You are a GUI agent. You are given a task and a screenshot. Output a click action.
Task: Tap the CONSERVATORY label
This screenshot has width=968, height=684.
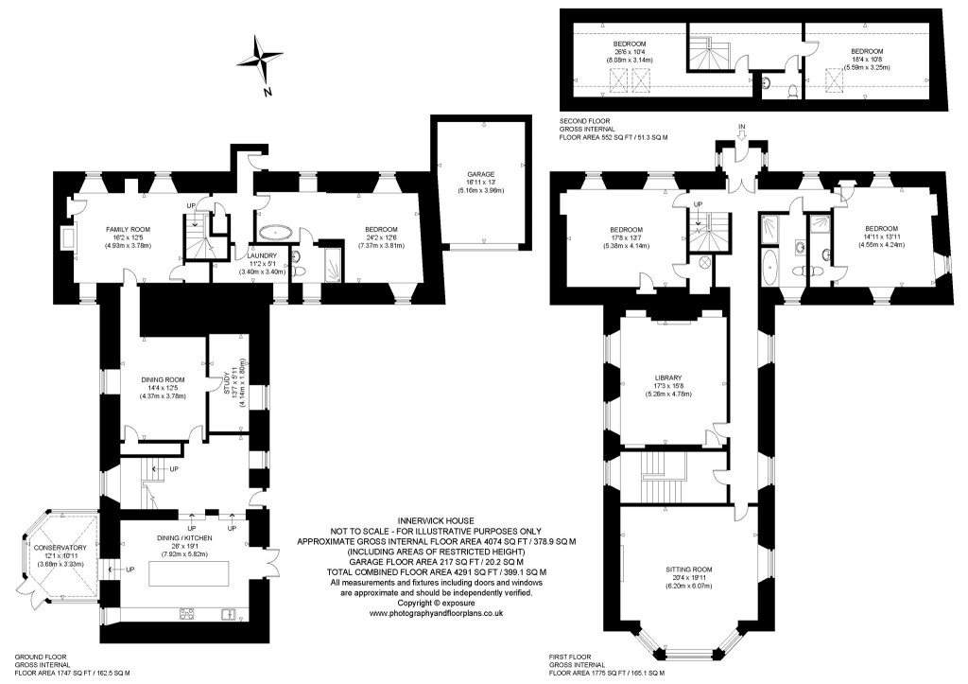60,548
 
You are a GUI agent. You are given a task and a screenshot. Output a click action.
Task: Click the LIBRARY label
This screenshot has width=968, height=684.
667,378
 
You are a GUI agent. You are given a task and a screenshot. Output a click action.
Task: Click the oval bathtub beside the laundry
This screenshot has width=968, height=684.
277,231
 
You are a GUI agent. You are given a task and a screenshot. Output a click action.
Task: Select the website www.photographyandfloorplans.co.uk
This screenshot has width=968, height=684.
435,613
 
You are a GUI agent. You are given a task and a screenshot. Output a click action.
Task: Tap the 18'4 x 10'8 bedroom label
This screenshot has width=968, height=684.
866,51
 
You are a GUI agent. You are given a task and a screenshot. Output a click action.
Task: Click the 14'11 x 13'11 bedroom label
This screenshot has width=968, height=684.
882,228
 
